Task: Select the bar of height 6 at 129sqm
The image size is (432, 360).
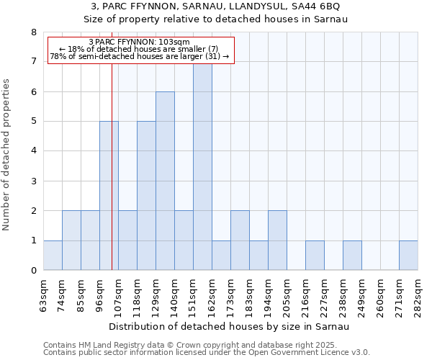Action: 165,181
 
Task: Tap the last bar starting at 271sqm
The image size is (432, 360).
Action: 408,256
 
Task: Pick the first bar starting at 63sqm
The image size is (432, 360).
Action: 53,256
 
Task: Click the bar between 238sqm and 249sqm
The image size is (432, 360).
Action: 352,256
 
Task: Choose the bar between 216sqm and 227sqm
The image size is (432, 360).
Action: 315,256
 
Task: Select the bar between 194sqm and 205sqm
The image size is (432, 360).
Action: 277,240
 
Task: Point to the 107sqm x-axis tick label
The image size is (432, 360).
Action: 119,295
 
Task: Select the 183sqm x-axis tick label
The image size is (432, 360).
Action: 250,295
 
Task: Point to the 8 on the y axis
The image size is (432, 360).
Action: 33,32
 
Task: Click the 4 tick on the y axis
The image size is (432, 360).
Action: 33,151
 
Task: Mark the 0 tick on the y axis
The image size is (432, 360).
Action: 33,271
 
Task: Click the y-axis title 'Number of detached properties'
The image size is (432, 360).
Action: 7,155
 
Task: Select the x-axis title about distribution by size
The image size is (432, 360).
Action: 230,327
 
